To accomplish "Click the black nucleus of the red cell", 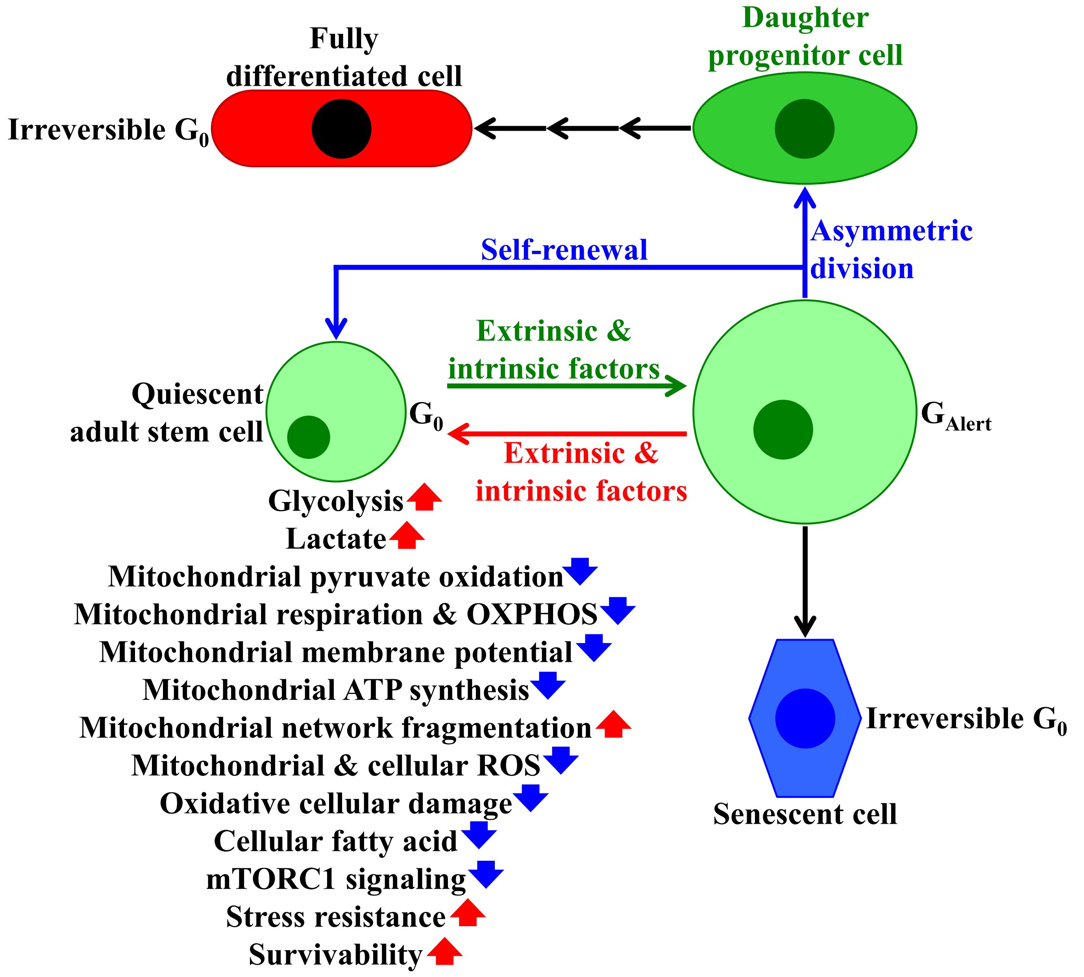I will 341,129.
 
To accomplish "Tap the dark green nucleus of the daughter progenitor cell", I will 804,129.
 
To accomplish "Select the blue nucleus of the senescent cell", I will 805,718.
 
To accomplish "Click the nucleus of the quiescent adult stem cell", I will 309,437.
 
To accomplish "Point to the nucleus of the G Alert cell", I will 783,430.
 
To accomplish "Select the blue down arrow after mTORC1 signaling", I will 486,875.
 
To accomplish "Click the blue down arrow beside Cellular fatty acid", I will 479,835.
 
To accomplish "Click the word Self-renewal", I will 564,250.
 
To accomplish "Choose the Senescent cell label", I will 805,814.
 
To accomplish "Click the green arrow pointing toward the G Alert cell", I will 566,386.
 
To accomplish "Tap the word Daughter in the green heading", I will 805,18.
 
